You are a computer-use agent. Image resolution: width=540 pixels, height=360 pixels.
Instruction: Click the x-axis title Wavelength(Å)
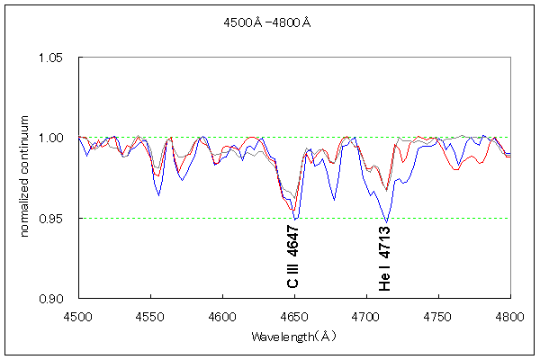click(294, 337)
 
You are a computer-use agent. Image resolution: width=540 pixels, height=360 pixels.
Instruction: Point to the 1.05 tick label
click(56, 58)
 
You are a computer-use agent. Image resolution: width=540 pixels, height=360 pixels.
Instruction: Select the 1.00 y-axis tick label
click(56, 138)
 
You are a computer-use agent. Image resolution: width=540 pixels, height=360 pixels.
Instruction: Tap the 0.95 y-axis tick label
click(56, 218)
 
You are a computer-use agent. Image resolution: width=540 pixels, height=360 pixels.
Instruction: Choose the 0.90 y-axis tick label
click(56, 298)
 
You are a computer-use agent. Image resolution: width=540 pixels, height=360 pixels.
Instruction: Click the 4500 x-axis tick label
click(78, 317)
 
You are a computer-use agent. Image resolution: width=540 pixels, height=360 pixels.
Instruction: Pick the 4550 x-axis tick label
click(150, 317)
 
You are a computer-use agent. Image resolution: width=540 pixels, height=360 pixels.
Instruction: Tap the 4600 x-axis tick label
click(222, 317)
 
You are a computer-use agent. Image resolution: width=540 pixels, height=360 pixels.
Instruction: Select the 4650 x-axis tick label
click(294, 317)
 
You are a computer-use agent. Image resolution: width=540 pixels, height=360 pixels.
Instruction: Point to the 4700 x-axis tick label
click(366, 317)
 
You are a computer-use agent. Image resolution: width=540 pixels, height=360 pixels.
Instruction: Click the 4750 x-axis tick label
click(438, 317)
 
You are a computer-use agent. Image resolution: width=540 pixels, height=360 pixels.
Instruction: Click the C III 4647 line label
click(293, 257)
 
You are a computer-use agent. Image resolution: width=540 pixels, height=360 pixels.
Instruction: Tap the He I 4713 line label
click(385, 258)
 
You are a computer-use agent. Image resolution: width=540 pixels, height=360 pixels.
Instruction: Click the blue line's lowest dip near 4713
click(387, 221)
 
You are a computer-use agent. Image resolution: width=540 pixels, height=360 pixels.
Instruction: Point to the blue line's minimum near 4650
click(295, 219)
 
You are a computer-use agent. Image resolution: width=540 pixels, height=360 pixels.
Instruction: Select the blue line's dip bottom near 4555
click(159, 195)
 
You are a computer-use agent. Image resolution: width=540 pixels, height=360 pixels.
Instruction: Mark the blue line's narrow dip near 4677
click(334, 200)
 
